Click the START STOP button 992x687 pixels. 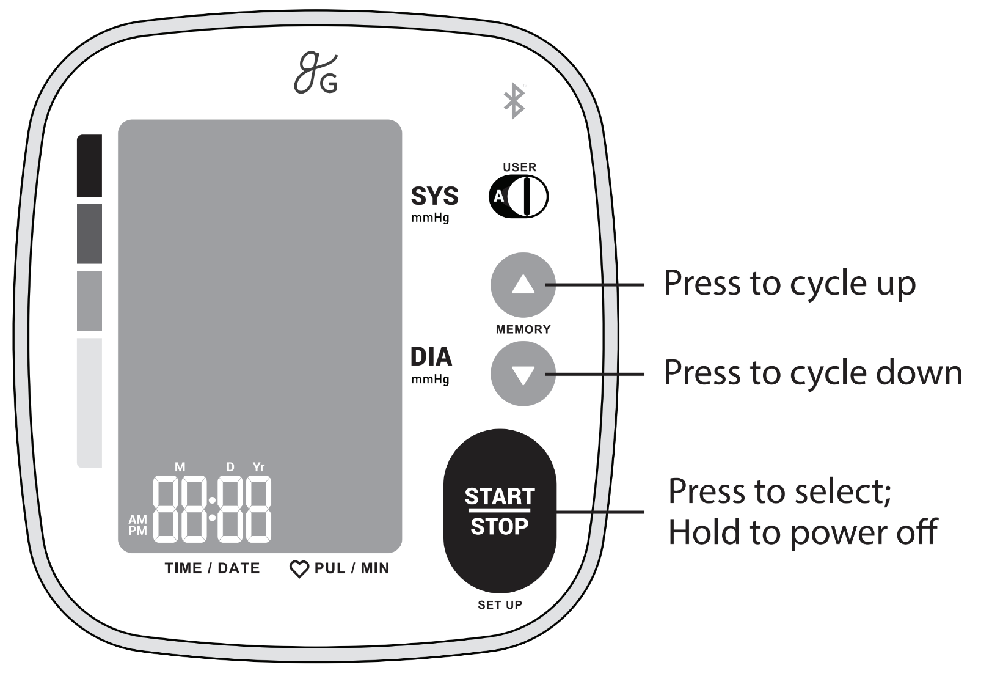coord(500,510)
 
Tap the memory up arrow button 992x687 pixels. coord(523,285)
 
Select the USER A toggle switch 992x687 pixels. coord(519,196)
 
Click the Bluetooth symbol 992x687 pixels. coord(514,101)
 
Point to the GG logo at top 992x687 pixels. coord(316,73)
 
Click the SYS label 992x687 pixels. coord(434,196)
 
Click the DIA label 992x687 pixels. coord(431,357)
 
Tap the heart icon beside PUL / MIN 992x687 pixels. coord(299,569)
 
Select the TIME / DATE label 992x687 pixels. coord(212,568)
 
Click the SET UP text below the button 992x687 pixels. coord(500,605)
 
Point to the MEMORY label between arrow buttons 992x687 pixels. coord(523,329)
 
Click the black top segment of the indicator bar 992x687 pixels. coord(89,166)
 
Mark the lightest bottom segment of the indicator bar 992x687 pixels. coord(89,403)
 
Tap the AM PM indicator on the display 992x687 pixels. coord(137,525)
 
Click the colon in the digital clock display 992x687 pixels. coord(212,509)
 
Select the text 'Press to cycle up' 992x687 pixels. coord(790,284)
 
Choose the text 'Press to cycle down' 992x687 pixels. coord(813,373)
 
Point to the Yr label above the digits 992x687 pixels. coord(258,467)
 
